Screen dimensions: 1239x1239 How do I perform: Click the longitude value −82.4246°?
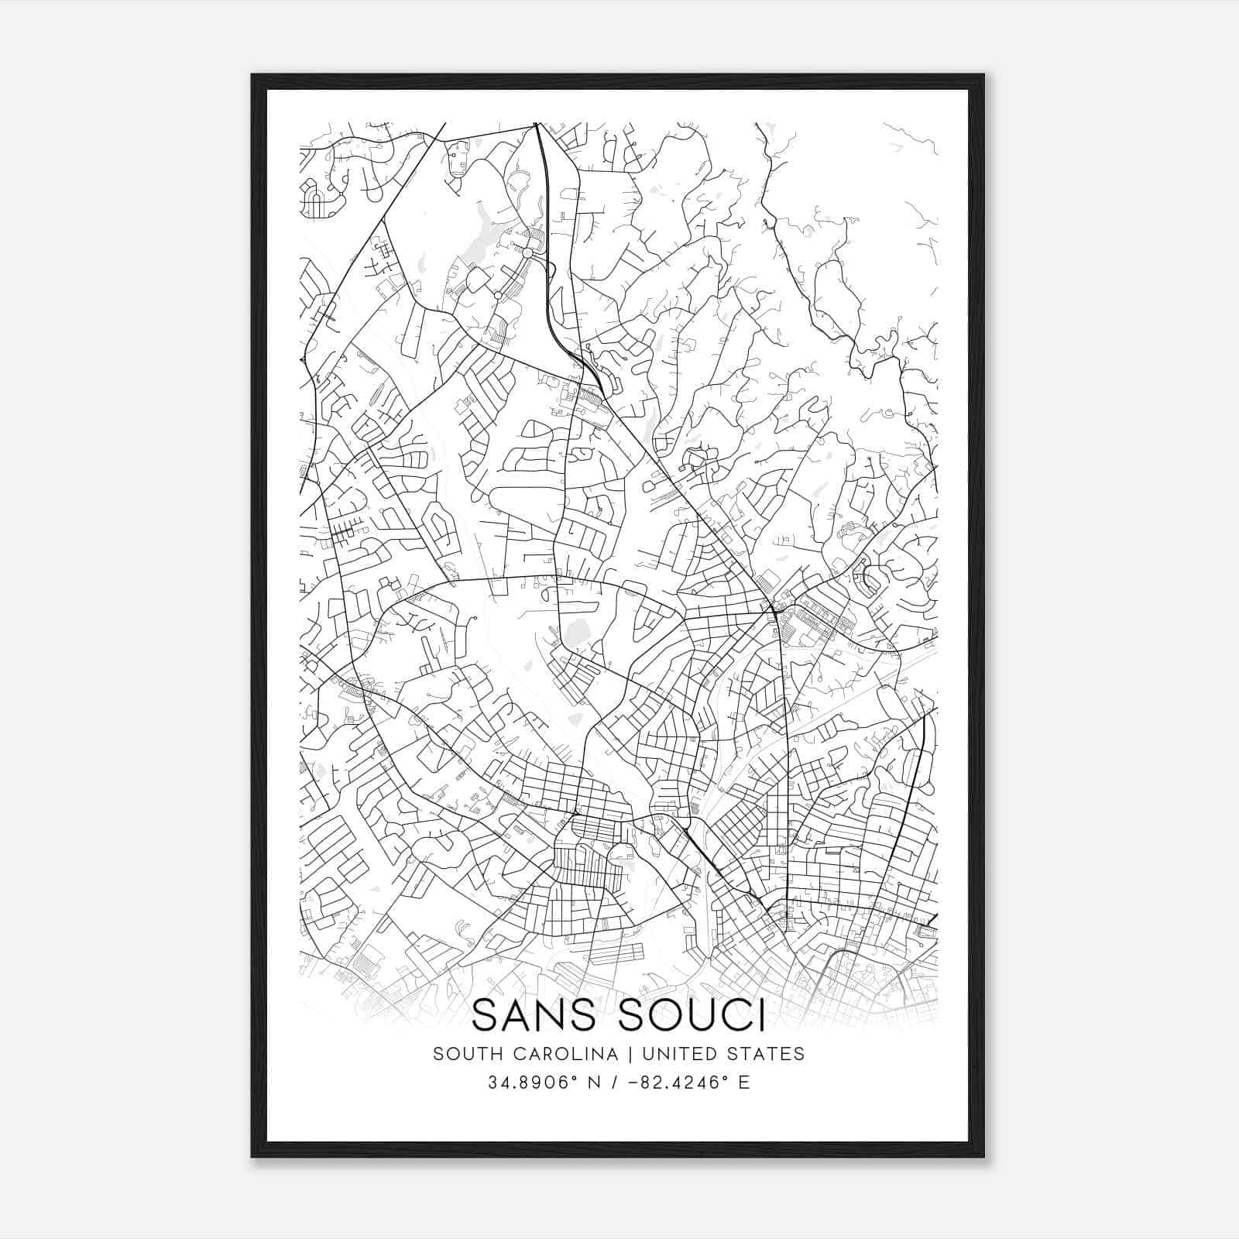(676, 1083)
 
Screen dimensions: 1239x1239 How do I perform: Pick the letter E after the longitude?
(744, 1083)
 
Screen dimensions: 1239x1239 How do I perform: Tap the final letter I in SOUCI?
(761, 1015)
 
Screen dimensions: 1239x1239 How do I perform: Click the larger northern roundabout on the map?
(527, 253)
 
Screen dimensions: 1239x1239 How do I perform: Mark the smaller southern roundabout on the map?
(497, 295)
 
